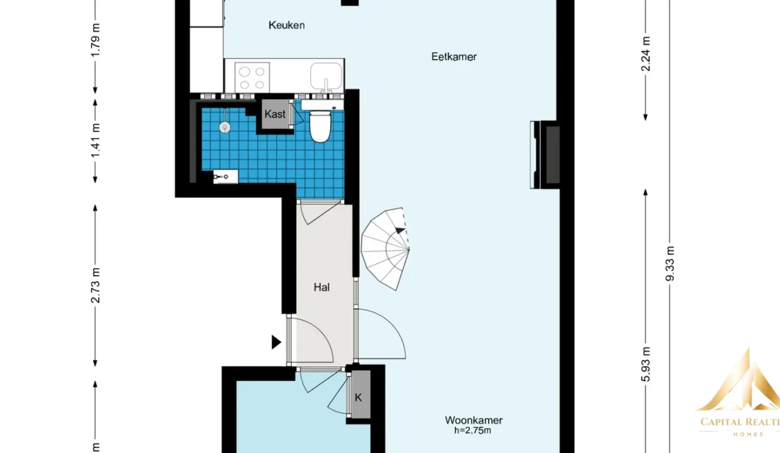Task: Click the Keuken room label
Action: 287,25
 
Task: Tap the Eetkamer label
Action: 454,57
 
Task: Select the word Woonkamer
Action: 474,420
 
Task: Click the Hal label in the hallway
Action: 321,288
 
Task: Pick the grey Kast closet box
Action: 275,115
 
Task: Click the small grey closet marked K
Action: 360,394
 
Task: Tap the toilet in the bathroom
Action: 320,126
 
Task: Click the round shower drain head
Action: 225,127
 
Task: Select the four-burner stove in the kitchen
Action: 252,77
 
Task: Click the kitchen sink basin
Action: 326,77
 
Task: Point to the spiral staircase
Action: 385,249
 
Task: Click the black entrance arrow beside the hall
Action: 276,342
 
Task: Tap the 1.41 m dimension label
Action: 95,140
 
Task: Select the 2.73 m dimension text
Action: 95,286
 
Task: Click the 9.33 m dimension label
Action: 670,264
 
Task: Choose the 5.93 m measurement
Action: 645,364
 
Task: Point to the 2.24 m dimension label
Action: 645,54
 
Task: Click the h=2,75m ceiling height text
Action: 472,431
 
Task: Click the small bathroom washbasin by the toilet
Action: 323,105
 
